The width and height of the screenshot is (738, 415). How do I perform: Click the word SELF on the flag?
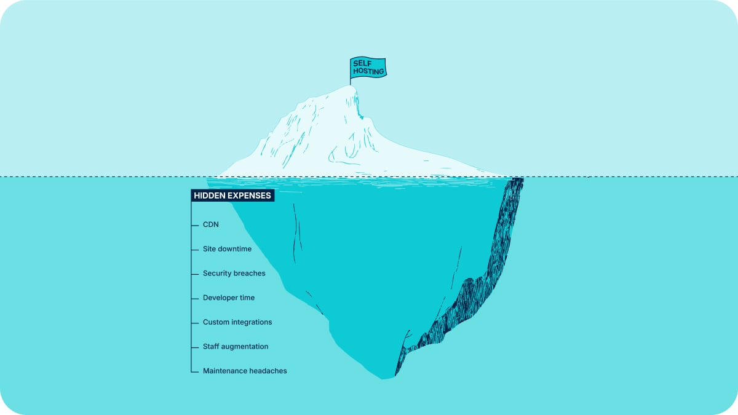[362, 63]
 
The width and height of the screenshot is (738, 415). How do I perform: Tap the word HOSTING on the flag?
[368, 71]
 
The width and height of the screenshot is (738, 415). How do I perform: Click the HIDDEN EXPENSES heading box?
[232, 196]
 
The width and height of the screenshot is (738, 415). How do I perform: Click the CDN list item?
[211, 224]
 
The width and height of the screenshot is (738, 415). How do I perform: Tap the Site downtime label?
[227, 249]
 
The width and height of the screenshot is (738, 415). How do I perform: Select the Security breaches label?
[234, 274]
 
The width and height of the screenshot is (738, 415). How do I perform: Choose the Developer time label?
[229, 298]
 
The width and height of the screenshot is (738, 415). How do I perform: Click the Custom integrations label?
[237, 322]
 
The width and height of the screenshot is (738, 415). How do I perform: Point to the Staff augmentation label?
[236, 347]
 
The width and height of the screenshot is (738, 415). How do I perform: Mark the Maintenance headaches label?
[245, 371]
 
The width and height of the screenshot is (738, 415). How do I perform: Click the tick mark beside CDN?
[195, 225]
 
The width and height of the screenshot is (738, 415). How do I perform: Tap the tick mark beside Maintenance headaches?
[195, 372]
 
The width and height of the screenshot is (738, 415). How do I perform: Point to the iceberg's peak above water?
[350, 86]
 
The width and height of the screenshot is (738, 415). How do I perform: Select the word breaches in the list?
[250, 274]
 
